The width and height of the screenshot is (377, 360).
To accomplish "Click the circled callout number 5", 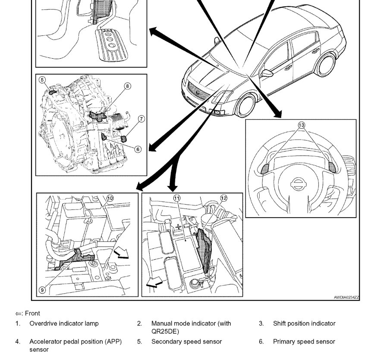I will [x=42, y=80].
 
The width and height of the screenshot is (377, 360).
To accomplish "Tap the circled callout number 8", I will [x=128, y=86].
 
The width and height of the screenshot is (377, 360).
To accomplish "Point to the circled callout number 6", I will [x=138, y=149].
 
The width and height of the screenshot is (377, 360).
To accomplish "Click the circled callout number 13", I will [x=301, y=125].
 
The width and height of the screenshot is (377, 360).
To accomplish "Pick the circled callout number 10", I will [x=110, y=198].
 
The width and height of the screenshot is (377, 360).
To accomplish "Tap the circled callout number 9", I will [x=42, y=290].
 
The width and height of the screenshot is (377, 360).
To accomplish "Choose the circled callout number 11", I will [x=176, y=198].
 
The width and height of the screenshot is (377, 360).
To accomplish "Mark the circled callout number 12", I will [x=223, y=198].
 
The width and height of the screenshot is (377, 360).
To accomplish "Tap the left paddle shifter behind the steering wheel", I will [x=264, y=168].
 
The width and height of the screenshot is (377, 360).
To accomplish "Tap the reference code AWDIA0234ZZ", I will [x=346, y=297].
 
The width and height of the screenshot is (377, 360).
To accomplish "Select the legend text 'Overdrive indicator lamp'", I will [x=64, y=323].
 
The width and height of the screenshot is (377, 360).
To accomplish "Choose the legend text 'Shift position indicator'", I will [x=304, y=323].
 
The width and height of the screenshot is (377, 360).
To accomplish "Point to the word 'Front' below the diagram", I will [x=32, y=313].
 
